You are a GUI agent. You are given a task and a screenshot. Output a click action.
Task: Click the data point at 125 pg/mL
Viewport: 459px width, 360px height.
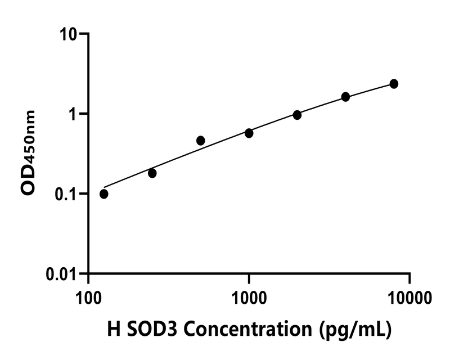coord(104,194)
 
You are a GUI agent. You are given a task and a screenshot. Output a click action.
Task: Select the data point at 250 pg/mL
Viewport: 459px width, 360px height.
coord(152,173)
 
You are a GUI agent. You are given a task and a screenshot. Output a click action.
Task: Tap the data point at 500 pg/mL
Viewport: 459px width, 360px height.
coord(201,141)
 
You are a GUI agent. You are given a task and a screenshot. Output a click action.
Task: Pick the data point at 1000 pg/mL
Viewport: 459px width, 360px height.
coord(249,133)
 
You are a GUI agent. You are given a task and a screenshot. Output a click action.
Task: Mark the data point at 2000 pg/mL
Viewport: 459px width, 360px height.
coord(297,115)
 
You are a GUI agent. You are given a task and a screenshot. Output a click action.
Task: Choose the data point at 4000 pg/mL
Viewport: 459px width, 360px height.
coord(345,97)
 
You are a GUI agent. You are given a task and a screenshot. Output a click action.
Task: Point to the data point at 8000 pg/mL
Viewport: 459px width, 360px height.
coord(394,84)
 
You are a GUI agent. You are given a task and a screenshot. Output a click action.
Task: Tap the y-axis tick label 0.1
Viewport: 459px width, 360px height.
coord(66,194)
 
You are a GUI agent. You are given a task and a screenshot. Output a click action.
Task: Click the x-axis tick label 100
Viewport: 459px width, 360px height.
coord(88,296)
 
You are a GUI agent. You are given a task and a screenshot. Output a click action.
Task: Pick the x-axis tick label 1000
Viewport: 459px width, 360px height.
coord(249,296)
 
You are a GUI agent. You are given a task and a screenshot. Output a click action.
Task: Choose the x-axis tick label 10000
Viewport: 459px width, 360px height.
coord(409,296)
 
